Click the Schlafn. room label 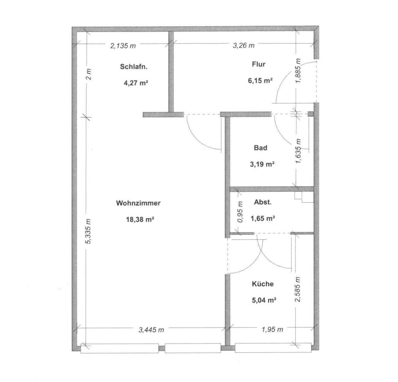[x=134, y=67]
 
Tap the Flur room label [x=258, y=64]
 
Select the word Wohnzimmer [x=138, y=203]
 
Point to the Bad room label [x=261, y=148]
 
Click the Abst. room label [x=263, y=202]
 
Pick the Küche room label [x=263, y=284]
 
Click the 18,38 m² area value [x=140, y=219]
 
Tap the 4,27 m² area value [x=136, y=83]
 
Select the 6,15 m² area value [x=260, y=81]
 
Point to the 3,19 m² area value [x=262, y=164]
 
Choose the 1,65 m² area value [x=263, y=219]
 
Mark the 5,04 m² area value [x=264, y=300]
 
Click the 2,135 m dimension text [x=123, y=46]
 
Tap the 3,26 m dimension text [x=243, y=45]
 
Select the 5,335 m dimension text [x=88, y=231]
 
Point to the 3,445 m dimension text [x=151, y=330]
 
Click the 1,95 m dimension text [x=272, y=329]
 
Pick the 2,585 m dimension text [x=298, y=289]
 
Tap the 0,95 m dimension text [x=240, y=212]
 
